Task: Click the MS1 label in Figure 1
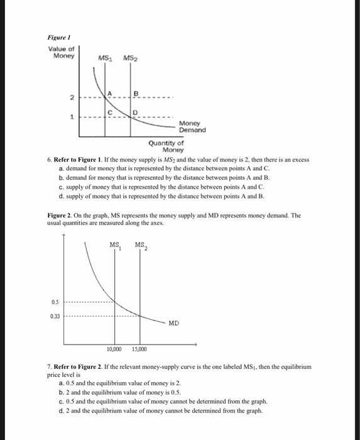coord(106,59)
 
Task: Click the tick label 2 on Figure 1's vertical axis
coord(72,99)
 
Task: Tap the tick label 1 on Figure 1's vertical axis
coord(72,118)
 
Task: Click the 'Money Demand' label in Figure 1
coord(192,126)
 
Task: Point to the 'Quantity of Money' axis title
coord(168,146)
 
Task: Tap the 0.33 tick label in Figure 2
coord(55,316)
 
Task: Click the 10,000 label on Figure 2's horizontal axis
coord(114,349)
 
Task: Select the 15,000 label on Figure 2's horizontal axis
coord(139,349)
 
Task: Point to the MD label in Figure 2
coord(173,323)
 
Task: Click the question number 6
coord(50,160)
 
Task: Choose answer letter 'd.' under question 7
coord(60,412)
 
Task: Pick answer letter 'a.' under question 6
coord(60,169)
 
